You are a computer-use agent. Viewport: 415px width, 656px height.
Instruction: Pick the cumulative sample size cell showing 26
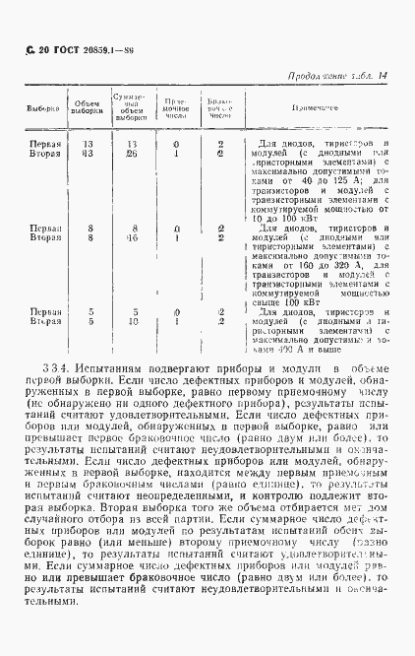pos(131,154)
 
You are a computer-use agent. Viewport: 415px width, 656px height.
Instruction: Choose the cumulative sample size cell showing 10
pos(131,321)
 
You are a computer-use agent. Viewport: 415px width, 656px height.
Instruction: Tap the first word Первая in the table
pos(39,144)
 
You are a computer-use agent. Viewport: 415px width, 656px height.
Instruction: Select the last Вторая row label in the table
pos(39,321)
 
